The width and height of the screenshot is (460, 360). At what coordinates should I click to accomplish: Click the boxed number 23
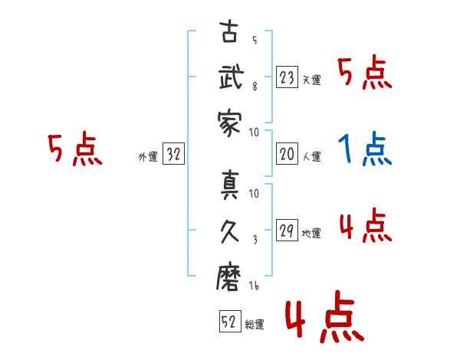tap(287, 77)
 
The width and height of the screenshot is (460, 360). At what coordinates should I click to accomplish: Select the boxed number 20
tap(287, 155)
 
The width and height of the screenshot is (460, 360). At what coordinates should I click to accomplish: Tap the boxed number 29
tap(287, 231)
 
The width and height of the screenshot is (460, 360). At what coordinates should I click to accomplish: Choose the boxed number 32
tap(174, 155)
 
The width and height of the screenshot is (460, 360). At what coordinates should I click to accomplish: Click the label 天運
tap(311, 80)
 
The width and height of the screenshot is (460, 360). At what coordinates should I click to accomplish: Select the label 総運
tap(254, 325)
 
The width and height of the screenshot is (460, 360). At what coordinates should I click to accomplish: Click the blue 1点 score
tap(365, 149)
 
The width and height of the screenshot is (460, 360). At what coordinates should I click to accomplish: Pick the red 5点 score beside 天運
tap(365, 74)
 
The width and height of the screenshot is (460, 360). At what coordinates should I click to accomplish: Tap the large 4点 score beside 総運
tap(324, 319)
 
